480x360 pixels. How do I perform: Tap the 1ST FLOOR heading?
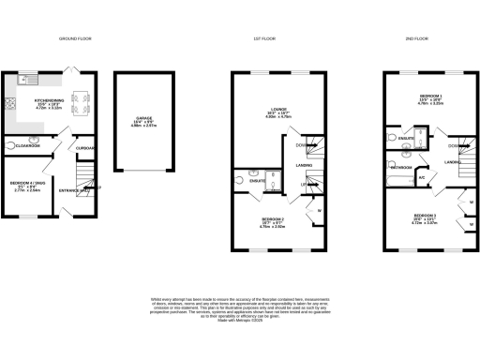[268, 38]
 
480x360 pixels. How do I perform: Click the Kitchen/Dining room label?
[49, 102]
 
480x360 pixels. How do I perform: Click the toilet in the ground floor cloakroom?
[10, 146]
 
